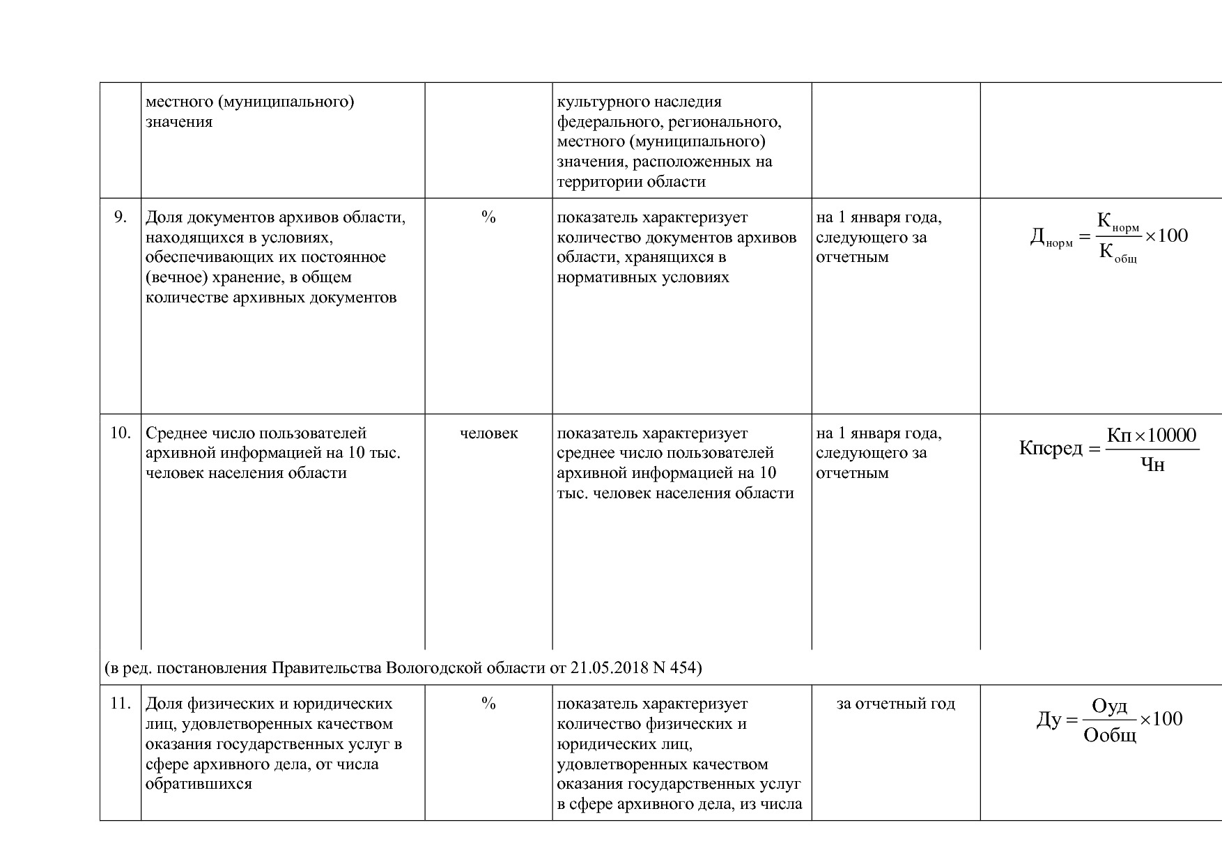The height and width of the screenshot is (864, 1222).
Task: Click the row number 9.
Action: (x=120, y=217)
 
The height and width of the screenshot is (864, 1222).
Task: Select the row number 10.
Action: (x=120, y=433)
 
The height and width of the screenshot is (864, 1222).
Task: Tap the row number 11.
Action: (x=120, y=704)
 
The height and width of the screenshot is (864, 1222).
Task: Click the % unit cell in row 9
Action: (x=488, y=217)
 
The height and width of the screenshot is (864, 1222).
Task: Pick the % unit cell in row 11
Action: (x=488, y=704)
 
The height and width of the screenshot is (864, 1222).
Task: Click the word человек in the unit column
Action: (x=488, y=433)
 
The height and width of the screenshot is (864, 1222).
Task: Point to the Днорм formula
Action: (x=1108, y=238)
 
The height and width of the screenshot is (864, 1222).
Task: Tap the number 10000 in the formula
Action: (x=1171, y=436)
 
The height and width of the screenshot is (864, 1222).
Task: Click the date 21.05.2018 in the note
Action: (x=610, y=668)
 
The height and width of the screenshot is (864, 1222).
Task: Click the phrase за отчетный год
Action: (x=895, y=704)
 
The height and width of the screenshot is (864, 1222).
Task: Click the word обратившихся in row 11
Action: (x=199, y=784)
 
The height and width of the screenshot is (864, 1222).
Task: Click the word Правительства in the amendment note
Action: (x=326, y=668)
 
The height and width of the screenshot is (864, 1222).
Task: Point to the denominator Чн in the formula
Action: (x=1152, y=465)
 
